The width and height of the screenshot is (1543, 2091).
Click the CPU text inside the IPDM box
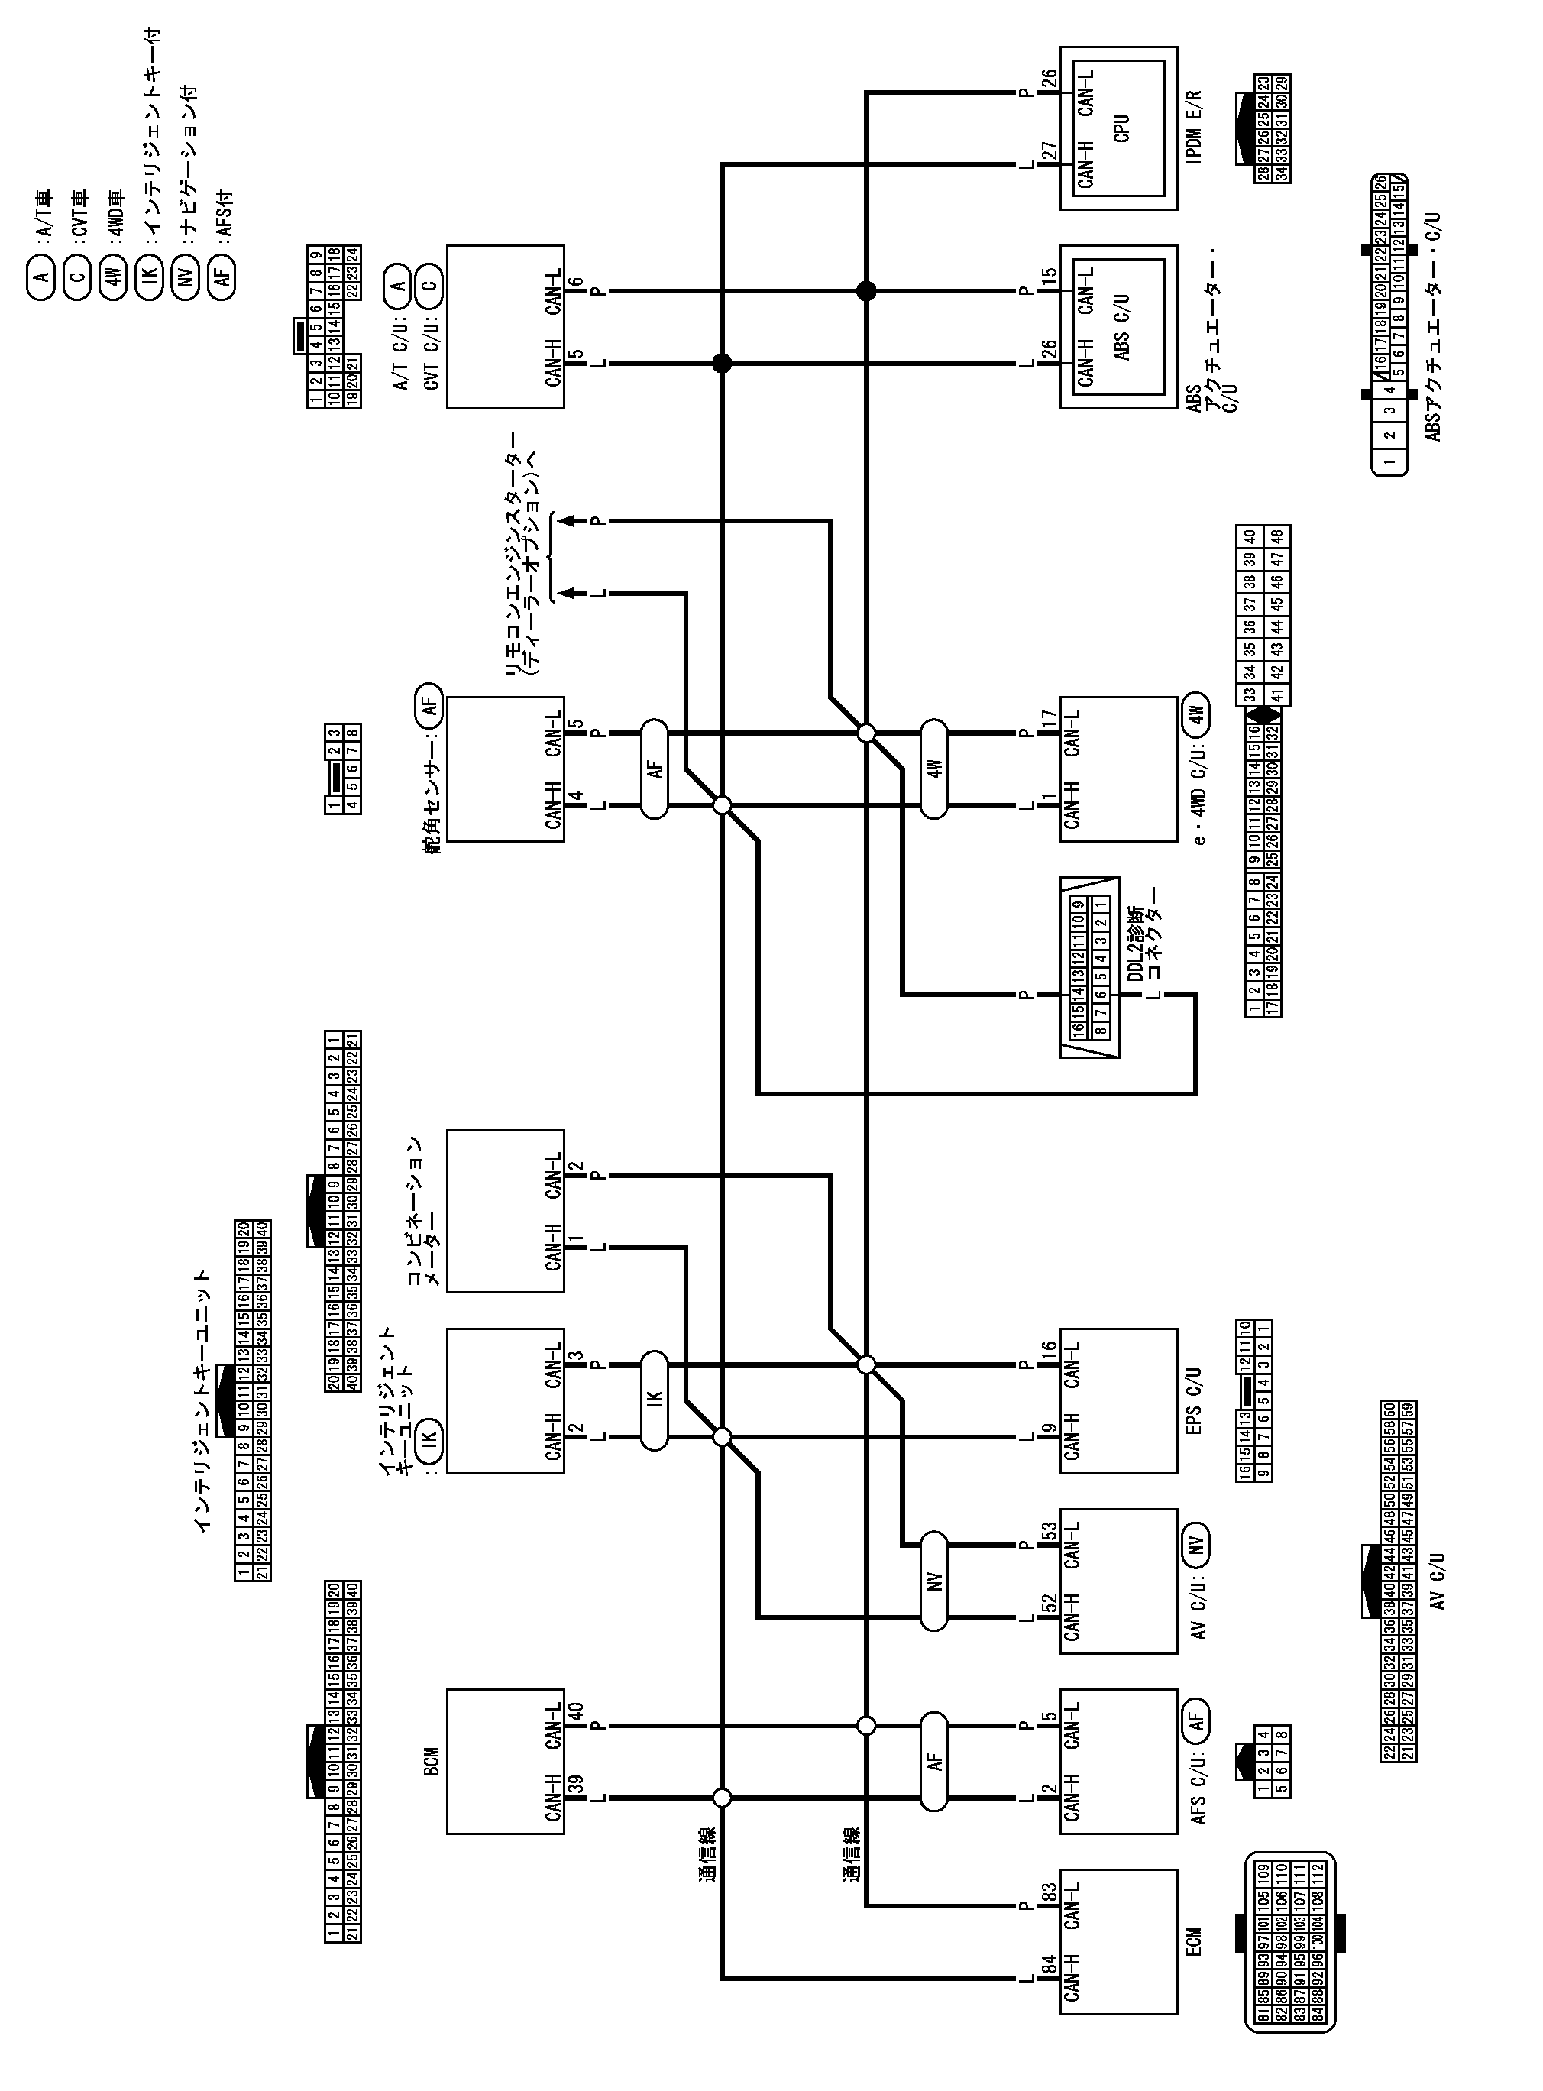tap(1122, 128)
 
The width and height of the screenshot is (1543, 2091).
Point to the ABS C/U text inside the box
tap(1122, 327)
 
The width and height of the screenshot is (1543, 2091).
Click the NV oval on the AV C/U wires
tap(934, 1581)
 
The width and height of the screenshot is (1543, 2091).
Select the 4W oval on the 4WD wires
tap(934, 769)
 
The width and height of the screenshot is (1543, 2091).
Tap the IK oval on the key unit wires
tap(655, 1399)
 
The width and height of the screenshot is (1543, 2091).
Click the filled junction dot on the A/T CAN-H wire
tap(722, 364)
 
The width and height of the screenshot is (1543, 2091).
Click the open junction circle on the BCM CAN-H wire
tap(722, 1797)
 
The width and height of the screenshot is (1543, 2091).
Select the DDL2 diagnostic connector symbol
tap(1089, 966)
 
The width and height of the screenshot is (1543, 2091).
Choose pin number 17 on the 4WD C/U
tap(1049, 720)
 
